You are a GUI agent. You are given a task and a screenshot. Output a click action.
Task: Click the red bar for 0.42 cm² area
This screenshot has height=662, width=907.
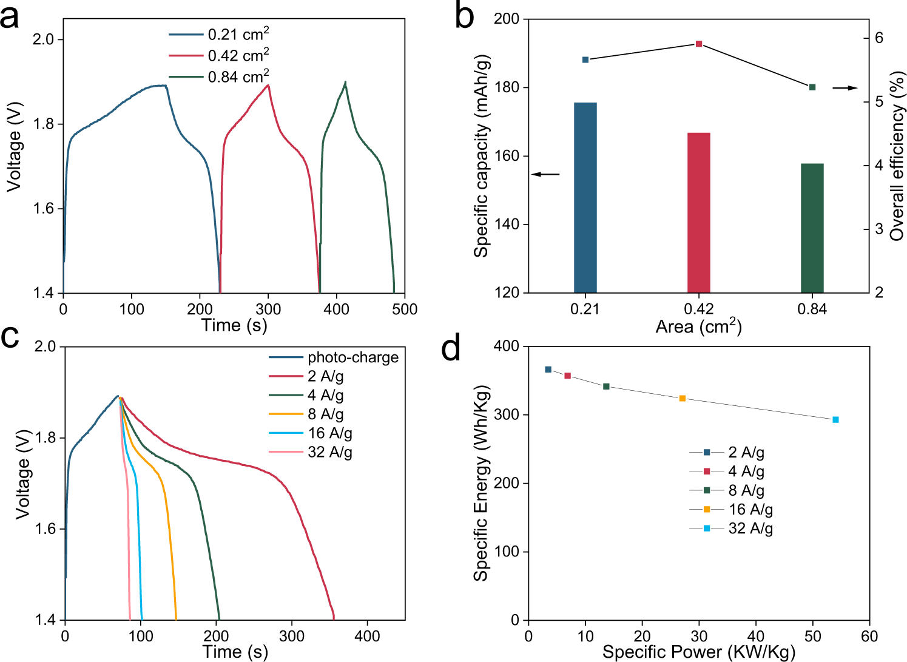698,212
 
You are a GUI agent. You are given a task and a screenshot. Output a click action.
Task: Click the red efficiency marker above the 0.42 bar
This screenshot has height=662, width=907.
699,44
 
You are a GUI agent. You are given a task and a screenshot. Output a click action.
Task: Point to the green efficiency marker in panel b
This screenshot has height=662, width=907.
812,87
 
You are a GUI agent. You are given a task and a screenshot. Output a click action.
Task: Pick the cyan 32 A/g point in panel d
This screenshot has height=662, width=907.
835,420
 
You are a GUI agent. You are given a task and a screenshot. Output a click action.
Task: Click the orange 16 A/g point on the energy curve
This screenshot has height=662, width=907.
682,399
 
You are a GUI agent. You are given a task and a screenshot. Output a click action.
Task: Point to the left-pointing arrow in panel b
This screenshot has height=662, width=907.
545,175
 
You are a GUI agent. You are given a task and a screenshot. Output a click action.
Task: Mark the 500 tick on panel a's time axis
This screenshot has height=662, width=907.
405,309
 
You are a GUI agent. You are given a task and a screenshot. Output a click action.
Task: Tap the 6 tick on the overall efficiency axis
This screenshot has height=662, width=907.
878,38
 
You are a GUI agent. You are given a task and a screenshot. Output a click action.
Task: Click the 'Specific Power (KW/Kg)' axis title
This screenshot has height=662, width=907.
698,652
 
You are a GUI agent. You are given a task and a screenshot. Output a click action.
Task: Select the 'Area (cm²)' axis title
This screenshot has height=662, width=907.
698,327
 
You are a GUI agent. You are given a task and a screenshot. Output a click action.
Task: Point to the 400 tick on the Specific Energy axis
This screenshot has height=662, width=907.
510,346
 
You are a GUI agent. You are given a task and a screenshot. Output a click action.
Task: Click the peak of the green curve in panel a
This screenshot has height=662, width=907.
345,82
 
